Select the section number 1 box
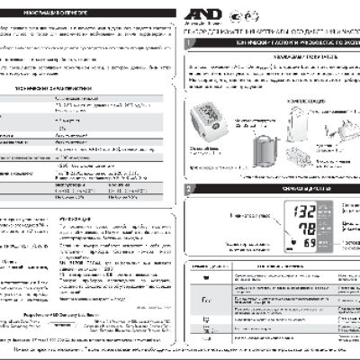coord(186,43)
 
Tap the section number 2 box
coord(186,190)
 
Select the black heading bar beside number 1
coord(275,43)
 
